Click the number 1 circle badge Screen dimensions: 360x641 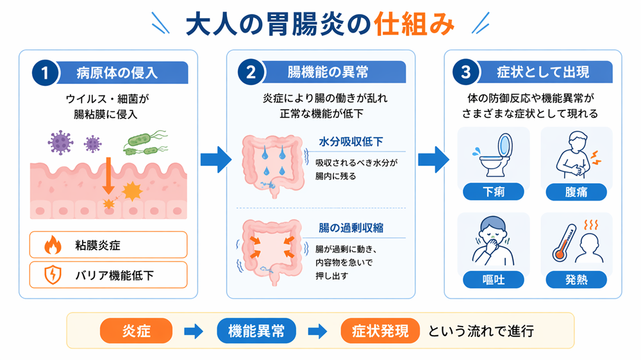(x=44, y=72)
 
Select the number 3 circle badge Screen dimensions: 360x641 (x=465, y=72)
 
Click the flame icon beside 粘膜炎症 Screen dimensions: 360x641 (x=52, y=245)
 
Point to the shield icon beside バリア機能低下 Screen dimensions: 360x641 (x=52, y=275)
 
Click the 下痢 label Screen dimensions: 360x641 (x=494, y=191)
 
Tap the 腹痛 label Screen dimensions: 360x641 (x=576, y=191)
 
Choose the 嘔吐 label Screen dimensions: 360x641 (x=494, y=279)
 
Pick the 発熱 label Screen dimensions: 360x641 (x=576, y=279)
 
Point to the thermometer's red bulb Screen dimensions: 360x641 (x=559, y=256)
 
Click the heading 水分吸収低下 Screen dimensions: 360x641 (x=351, y=142)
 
